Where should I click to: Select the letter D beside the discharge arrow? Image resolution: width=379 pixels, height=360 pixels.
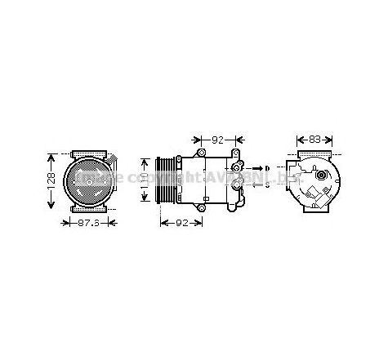pyautogui.click(x=268, y=168)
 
